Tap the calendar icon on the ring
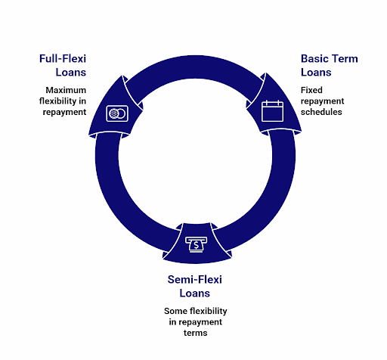click(x=271, y=111)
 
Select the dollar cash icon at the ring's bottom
click(x=196, y=244)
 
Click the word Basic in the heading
click(x=315, y=58)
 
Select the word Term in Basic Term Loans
click(x=347, y=58)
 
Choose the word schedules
click(x=322, y=111)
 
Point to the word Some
click(x=176, y=311)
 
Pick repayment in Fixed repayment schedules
click(x=323, y=101)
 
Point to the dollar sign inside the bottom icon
click(x=196, y=245)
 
